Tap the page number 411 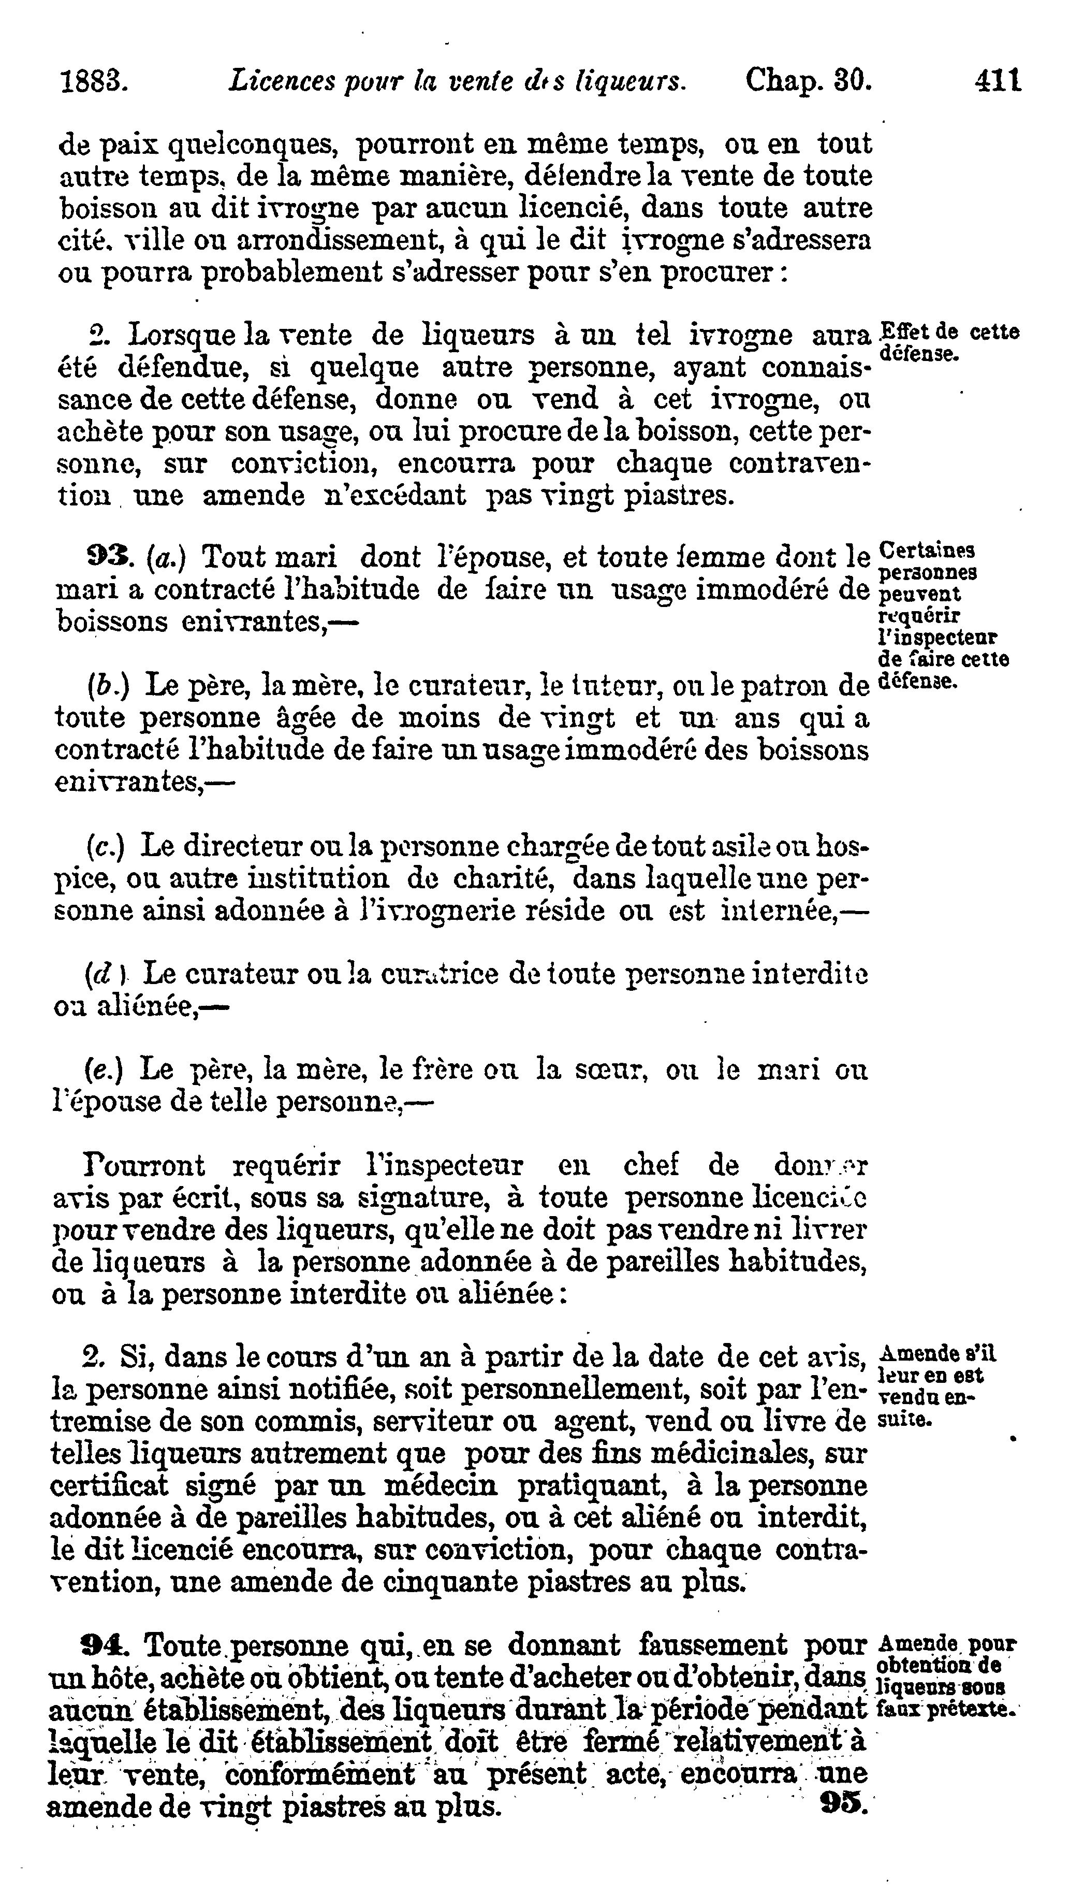click(998, 80)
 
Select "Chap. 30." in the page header click(808, 80)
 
